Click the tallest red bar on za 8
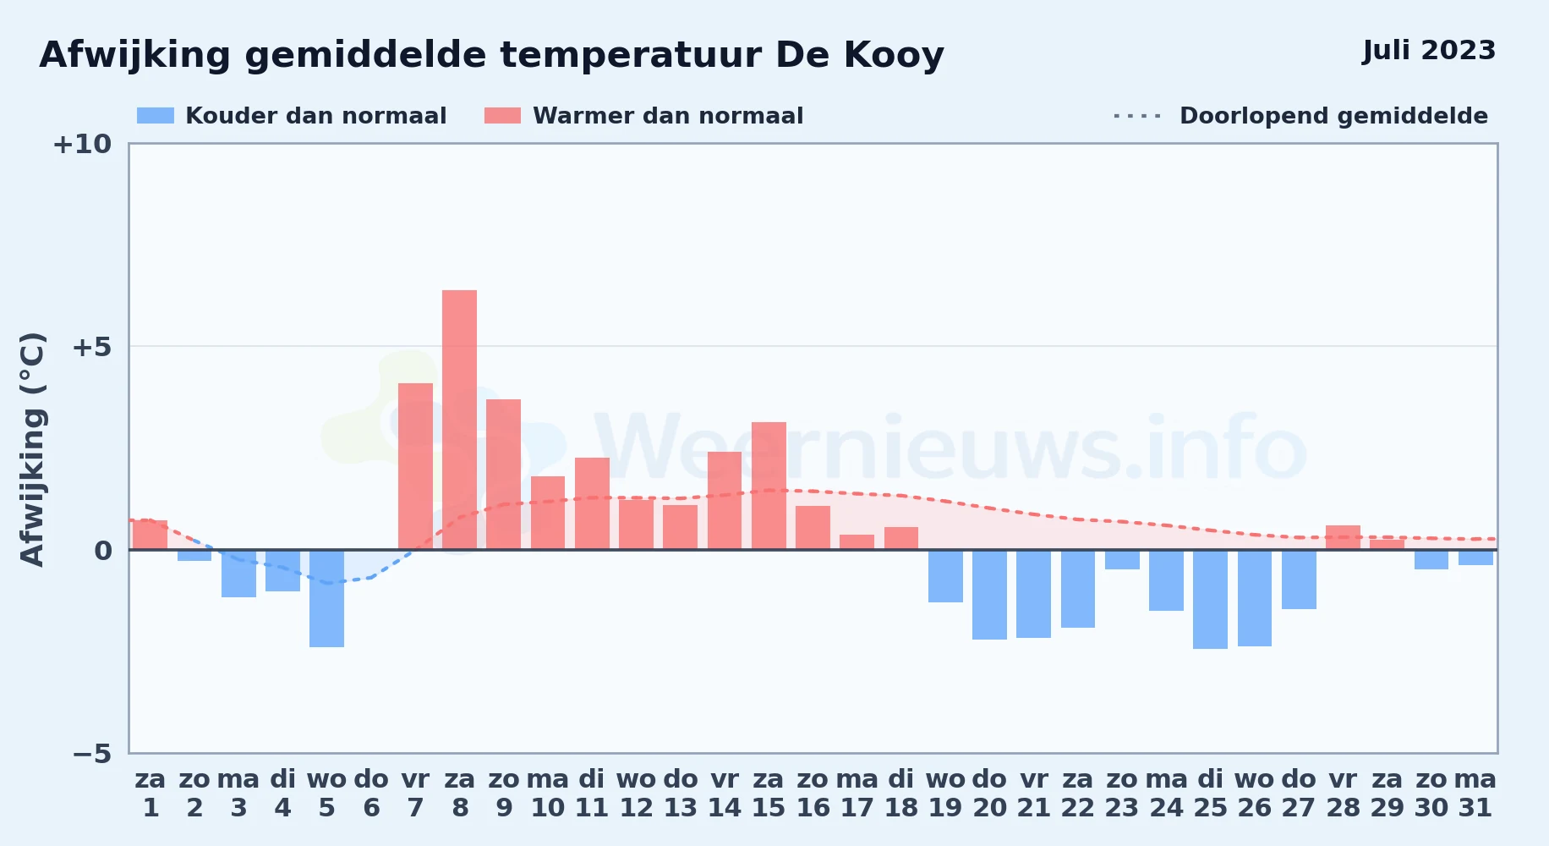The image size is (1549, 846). (459, 420)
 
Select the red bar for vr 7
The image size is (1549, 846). (415, 466)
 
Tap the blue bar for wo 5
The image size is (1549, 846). (326, 598)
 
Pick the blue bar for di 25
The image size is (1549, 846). (1210, 599)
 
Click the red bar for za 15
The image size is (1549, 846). (769, 486)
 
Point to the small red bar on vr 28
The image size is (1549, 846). (1343, 537)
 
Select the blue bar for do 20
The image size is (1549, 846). (989, 595)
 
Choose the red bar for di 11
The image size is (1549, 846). (592, 503)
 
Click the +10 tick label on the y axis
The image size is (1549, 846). (82, 144)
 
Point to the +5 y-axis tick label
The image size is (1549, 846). (91, 347)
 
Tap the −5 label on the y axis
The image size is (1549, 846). (91, 753)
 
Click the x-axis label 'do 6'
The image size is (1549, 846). (371, 793)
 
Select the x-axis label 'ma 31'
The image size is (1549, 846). (1475, 793)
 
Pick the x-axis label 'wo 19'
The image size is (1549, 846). (945, 793)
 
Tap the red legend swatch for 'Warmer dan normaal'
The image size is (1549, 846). (502, 116)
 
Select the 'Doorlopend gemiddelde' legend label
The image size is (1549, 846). (1333, 116)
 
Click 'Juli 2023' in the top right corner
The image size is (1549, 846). (1429, 50)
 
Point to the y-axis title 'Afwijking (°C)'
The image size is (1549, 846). (32, 448)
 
